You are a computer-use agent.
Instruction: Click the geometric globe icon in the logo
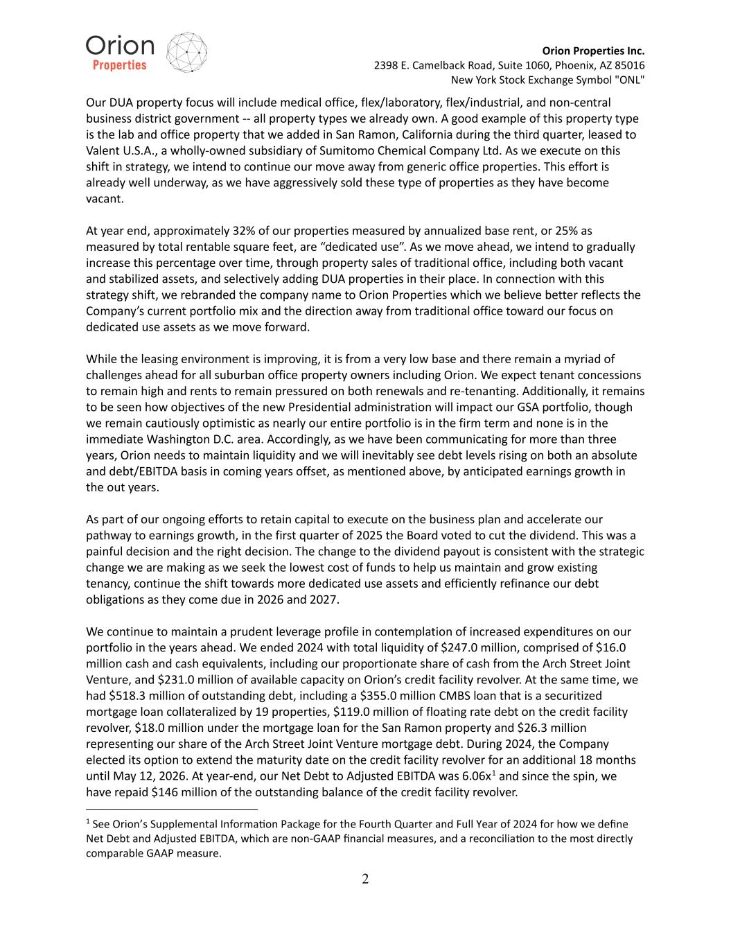pyautogui.click(x=188, y=52)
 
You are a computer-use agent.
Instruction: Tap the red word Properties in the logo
pyautogui.click(x=120, y=65)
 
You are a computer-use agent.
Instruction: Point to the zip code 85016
pyautogui.click(x=628, y=65)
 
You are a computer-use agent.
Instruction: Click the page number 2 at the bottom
pyautogui.click(x=365, y=879)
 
